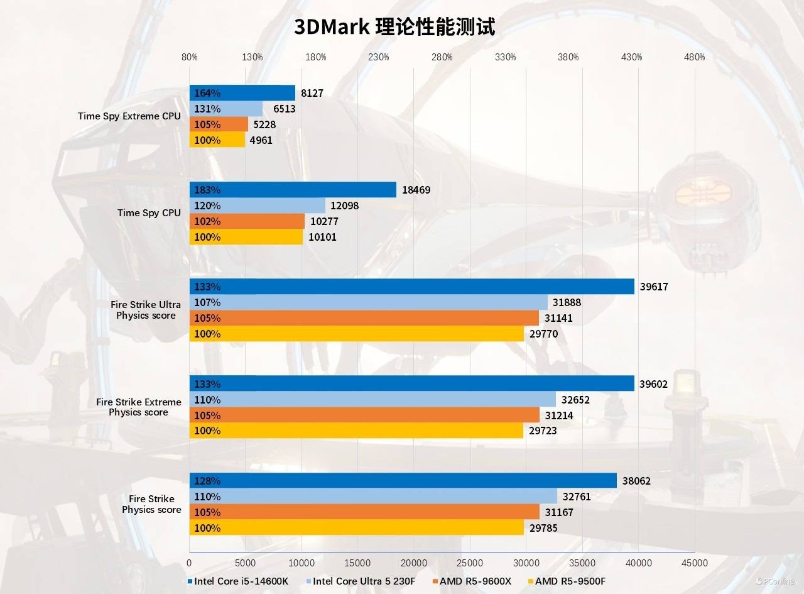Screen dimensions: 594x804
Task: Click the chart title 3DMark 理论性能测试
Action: coord(394,27)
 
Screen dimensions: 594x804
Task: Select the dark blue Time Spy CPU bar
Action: coord(293,190)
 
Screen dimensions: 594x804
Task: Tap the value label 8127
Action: coord(312,93)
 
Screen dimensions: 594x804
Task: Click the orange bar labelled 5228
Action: coord(219,124)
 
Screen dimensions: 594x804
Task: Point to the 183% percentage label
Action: coord(207,190)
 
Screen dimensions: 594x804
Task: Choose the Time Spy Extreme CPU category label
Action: coord(129,116)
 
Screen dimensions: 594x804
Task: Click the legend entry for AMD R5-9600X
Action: coord(470,581)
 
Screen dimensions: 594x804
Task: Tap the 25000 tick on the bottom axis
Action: coord(470,563)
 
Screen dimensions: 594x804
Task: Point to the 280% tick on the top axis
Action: coord(442,57)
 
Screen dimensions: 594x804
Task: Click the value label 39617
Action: coord(654,287)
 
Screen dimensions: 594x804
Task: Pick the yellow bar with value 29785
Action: coord(356,528)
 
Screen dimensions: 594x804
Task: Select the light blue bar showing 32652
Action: coord(372,399)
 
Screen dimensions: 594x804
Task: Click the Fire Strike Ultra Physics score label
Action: coord(146,310)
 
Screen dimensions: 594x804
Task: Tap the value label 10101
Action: coord(322,237)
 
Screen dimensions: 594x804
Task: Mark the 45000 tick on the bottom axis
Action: coord(695,563)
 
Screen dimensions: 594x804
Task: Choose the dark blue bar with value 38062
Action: coord(403,481)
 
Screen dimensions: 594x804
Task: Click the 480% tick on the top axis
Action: coord(695,57)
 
